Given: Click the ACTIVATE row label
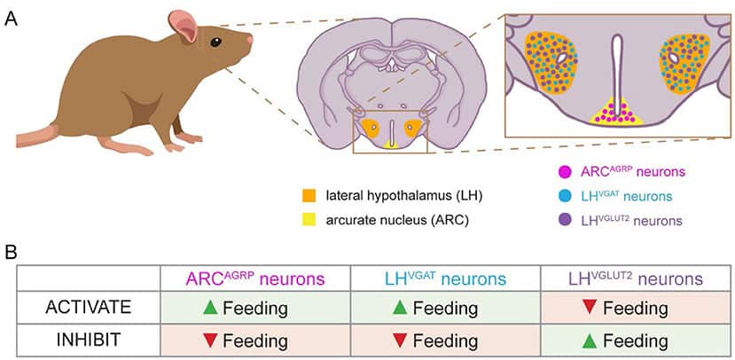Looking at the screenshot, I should pos(89,308).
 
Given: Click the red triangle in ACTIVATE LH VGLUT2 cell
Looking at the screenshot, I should pos(587,308).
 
